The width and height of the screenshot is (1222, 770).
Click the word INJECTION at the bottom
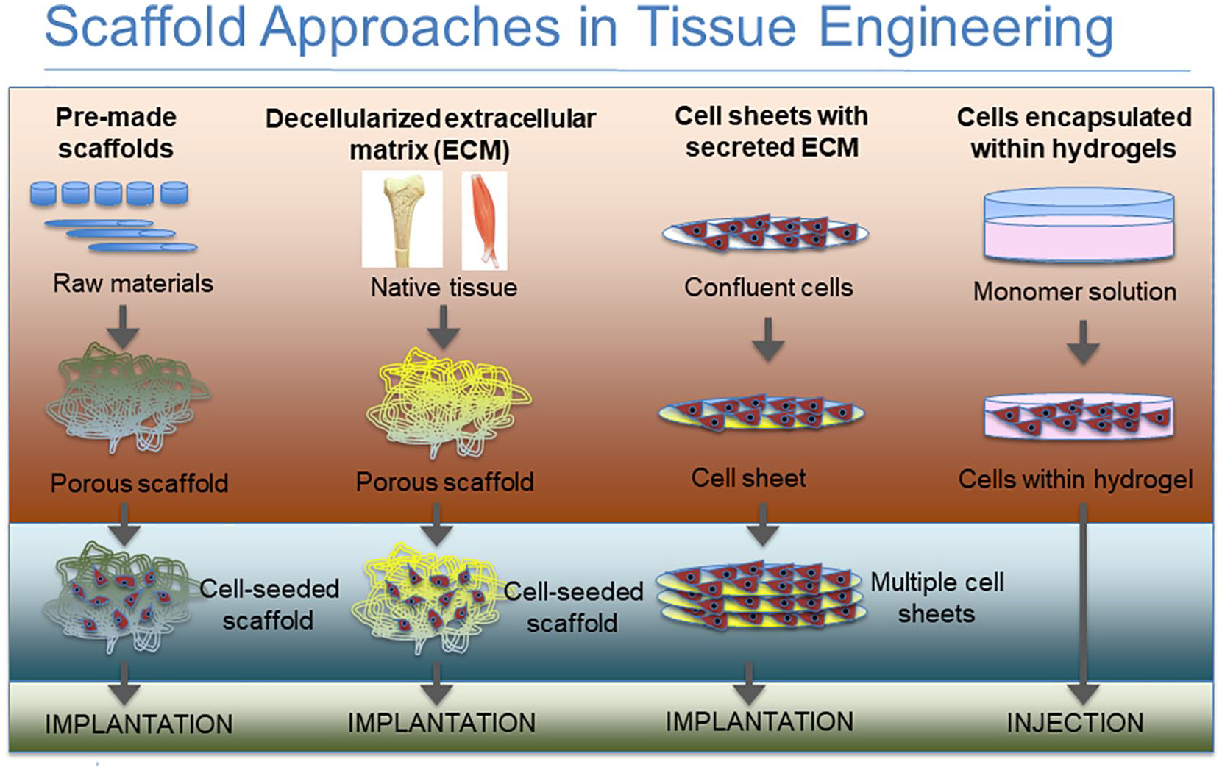(x=1075, y=723)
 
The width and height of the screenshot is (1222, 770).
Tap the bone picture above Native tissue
(x=402, y=219)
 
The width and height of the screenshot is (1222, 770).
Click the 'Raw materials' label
(x=133, y=283)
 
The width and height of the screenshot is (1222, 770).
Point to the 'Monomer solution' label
(x=1074, y=291)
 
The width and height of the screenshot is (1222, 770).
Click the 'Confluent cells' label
(x=768, y=287)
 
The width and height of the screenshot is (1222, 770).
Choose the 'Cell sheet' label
(x=748, y=478)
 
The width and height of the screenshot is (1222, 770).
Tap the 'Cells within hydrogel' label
(x=1075, y=480)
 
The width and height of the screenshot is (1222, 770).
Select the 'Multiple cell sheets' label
(x=937, y=597)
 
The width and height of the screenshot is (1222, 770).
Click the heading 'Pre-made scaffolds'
(x=116, y=133)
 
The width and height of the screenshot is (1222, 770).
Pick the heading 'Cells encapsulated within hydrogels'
(x=1073, y=133)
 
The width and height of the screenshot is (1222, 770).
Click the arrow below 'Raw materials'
(x=123, y=326)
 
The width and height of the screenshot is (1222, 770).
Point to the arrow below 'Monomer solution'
(x=1082, y=341)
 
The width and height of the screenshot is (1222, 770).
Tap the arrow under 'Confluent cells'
(x=768, y=339)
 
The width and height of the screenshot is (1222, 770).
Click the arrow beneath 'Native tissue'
(x=443, y=327)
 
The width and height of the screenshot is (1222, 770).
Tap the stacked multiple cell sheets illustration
(x=759, y=594)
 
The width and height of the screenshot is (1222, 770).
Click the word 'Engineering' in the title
(x=965, y=28)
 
